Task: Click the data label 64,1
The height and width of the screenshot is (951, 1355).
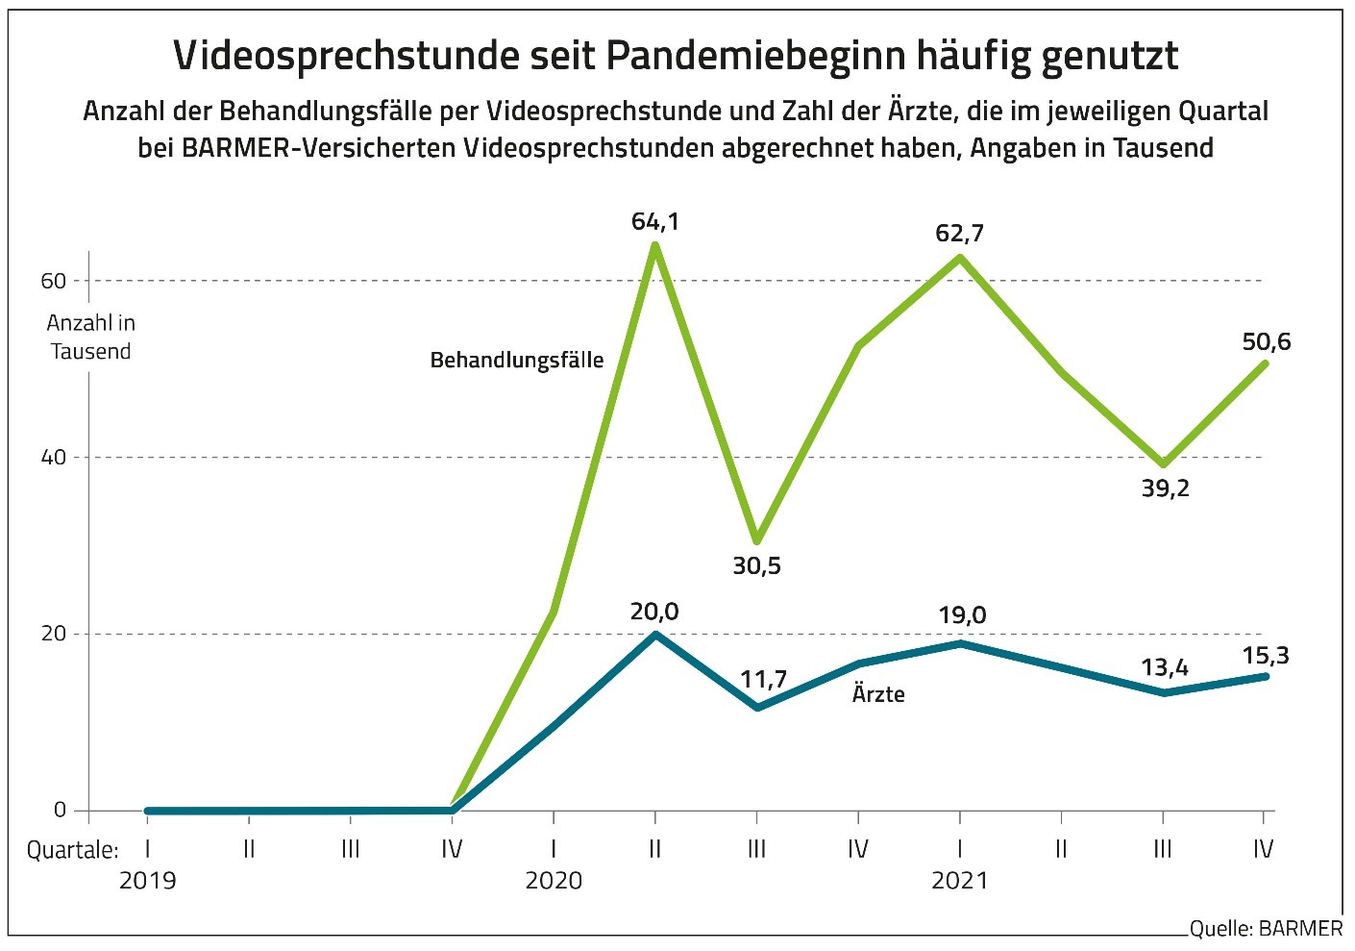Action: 654,222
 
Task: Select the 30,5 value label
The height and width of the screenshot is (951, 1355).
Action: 756,565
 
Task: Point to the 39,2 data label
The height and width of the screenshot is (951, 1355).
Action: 1165,488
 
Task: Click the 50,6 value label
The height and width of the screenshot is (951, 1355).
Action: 1266,342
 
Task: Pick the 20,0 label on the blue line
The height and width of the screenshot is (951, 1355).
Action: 654,612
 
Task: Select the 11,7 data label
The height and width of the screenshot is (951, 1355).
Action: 763,680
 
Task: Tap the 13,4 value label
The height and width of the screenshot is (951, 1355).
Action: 1165,667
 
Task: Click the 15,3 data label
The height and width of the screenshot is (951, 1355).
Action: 1266,656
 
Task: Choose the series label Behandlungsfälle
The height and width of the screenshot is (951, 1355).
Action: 516,361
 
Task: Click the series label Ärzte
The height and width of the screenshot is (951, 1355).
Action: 878,694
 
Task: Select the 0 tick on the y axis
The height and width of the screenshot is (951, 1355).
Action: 60,811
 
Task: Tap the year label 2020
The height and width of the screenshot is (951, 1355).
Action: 554,881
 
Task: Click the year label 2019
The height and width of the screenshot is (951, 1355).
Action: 147,881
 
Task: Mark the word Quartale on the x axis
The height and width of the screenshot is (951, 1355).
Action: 72,850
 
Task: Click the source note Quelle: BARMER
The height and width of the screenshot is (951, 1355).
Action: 1266,929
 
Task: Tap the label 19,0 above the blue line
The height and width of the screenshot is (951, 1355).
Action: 961,615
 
